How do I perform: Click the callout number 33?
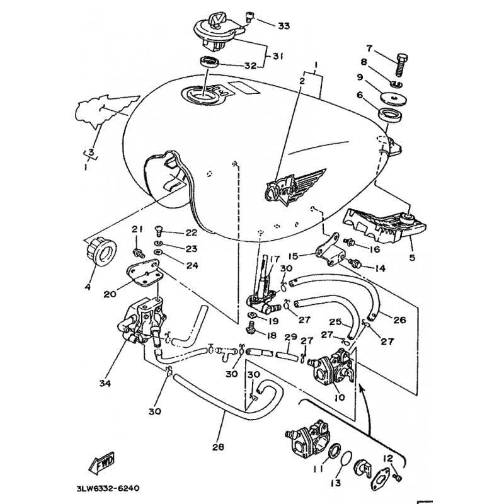(283, 26)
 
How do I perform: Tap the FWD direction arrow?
(102, 463)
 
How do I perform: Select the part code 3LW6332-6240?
(108, 489)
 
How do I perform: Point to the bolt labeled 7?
(401, 65)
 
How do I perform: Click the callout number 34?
(105, 383)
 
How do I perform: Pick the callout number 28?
(218, 447)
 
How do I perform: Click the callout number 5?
(413, 258)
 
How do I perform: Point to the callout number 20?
(110, 294)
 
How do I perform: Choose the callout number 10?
(340, 398)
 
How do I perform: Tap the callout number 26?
(399, 319)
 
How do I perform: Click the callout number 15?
(293, 256)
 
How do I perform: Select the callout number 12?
(388, 459)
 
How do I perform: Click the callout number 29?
(291, 338)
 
